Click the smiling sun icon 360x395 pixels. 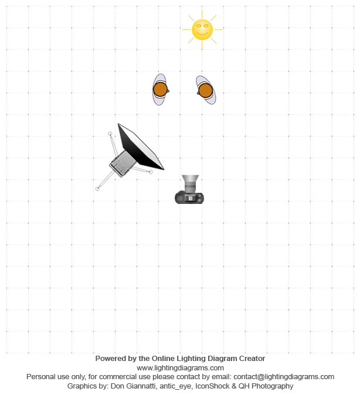pyautogui.click(x=202, y=30)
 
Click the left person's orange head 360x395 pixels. pyautogui.click(x=160, y=90)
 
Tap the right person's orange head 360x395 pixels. pyautogui.click(x=205, y=90)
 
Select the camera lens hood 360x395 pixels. pyautogui.click(x=191, y=180)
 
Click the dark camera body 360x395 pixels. pyautogui.click(x=189, y=197)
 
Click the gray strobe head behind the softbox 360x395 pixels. pyautogui.click(x=121, y=164)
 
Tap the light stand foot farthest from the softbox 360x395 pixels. pyautogui.click(x=97, y=189)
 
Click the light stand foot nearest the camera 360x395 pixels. pyautogui.click(x=151, y=172)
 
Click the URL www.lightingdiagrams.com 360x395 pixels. pyautogui.click(x=180, y=368)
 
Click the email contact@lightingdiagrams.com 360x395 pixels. pyautogui.click(x=284, y=377)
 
